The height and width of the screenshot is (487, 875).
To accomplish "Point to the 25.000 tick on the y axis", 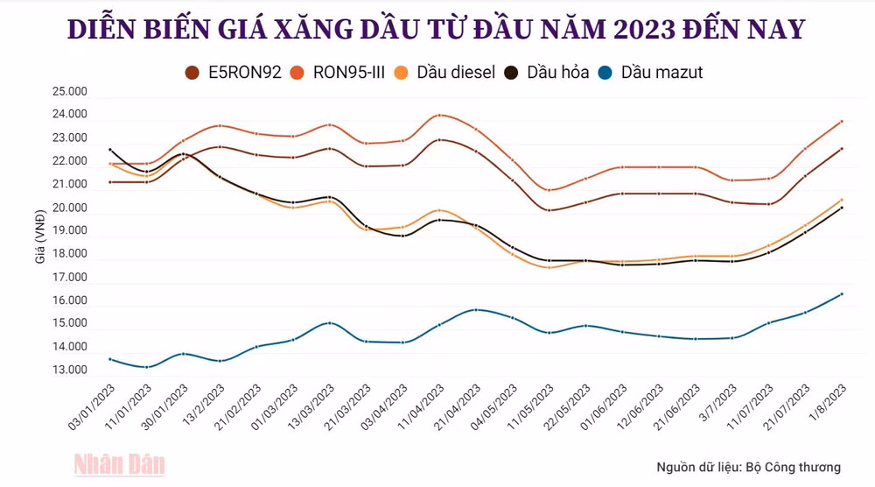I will pyautogui.click(x=70, y=92).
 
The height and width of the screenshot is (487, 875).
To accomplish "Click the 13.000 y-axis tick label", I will pyautogui.click(x=70, y=371).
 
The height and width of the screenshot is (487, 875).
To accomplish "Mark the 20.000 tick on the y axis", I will pyautogui.click(x=70, y=208).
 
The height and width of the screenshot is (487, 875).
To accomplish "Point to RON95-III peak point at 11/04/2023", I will pyautogui.click(x=439, y=115).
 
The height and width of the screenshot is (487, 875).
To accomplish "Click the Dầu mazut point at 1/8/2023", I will pyautogui.click(x=842, y=294).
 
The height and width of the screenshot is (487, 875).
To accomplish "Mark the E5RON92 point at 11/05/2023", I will pyautogui.click(x=549, y=210).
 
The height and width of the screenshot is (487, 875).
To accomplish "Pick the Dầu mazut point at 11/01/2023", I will pyautogui.click(x=146, y=367).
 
